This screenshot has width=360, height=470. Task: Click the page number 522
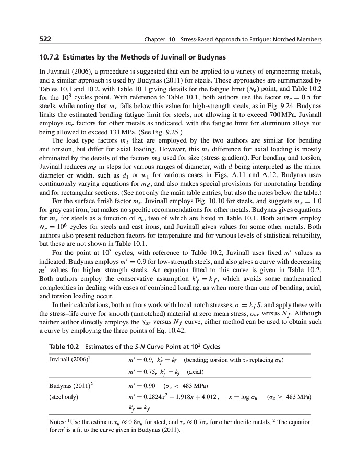(x=45, y=39)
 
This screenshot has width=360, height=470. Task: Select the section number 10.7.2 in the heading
(x=52, y=56)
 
